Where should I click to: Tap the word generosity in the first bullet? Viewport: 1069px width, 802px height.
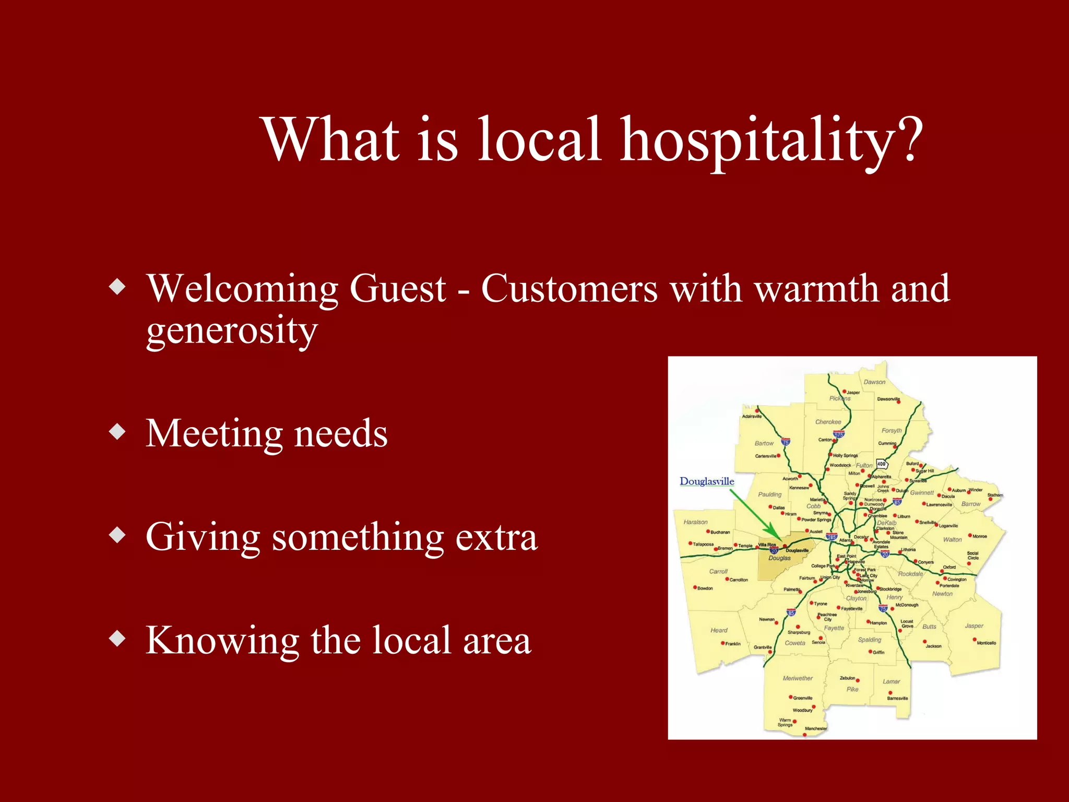tap(232, 331)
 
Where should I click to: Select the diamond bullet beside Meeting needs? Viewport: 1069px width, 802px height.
tap(118, 432)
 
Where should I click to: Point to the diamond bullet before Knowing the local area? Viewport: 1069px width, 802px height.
tap(118, 639)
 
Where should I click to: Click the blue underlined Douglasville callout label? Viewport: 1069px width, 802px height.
tap(707, 481)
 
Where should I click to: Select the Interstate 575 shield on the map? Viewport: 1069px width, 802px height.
tap(839, 434)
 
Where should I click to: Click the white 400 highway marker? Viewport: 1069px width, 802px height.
tap(882, 464)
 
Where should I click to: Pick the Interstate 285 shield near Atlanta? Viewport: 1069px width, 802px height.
tap(832, 536)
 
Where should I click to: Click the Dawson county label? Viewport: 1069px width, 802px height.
tap(874, 382)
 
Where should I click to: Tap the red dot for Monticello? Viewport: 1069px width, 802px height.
tap(975, 640)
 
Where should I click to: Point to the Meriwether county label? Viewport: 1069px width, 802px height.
tap(798, 678)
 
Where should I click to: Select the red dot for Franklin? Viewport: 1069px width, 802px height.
tap(723, 643)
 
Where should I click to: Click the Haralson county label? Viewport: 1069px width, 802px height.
tap(696, 522)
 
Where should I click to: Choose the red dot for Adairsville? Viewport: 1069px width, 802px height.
tap(757, 410)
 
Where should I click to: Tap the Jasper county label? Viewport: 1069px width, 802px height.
tap(974, 626)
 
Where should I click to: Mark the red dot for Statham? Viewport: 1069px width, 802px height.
tap(991, 499)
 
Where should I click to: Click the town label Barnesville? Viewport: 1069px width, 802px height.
tap(897, 698)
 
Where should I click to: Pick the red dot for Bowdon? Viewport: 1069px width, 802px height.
tap(695, 587)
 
